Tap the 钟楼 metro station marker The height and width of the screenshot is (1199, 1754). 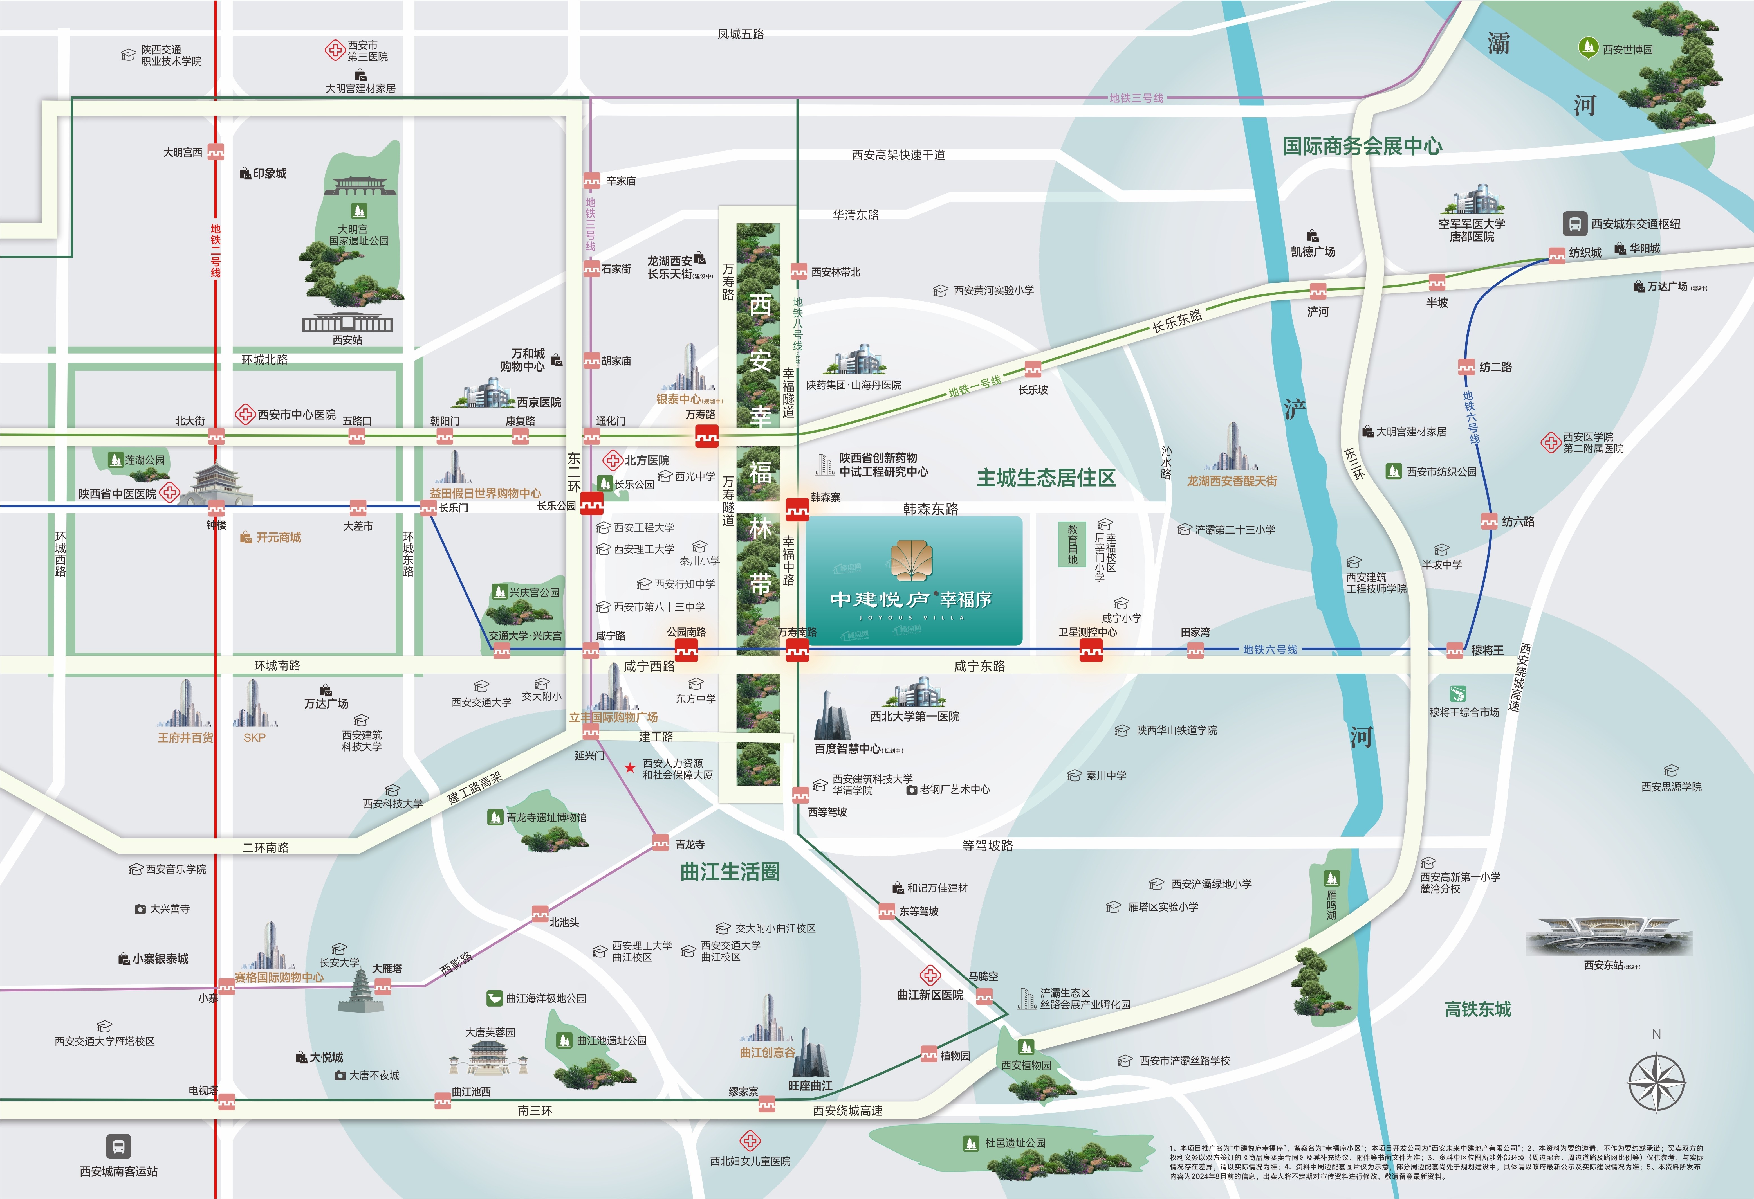pyautogui.click(x=217, y=507)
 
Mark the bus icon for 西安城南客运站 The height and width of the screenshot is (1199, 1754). pyautogui.click(x=118, y=1147)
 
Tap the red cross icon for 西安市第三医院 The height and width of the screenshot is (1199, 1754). pyautogui.click(x=334, y=51)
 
